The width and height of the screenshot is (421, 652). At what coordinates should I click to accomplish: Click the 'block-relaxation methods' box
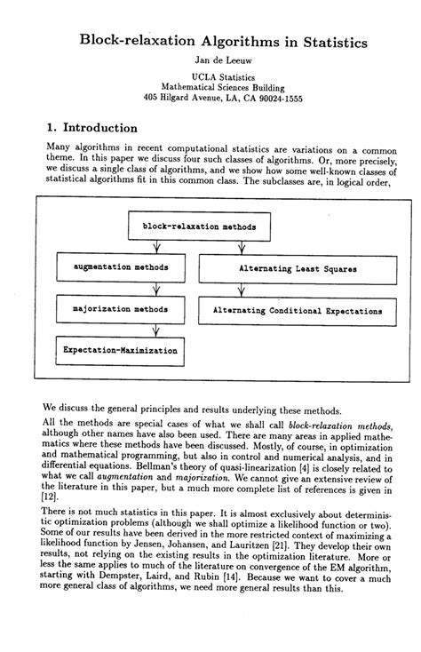[199, 227]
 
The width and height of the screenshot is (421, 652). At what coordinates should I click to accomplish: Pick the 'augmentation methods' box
[120, 266]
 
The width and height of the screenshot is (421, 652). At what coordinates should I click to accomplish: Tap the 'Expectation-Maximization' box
[120, 350]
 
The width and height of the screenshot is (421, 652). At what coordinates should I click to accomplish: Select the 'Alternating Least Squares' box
[298, 266]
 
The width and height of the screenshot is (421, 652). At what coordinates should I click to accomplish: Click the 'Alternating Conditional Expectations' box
[298, 312]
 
